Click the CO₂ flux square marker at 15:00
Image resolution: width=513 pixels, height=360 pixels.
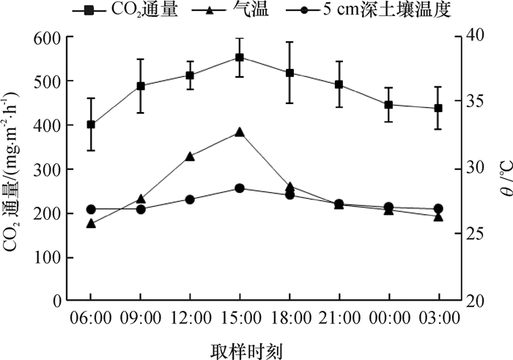(x=240, y=57)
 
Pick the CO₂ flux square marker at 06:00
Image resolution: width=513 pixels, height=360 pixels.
(x=91, y=125)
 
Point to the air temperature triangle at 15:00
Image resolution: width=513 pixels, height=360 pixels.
(x=240, y=132)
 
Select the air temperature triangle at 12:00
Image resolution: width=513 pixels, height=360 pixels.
(x=190, y=156)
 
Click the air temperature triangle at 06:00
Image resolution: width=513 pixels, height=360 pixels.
(x=91, y=223)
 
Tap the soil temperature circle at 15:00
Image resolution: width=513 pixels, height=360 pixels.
(x=240, y=188)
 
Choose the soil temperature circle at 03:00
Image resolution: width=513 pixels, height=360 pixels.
(x=438, y=209)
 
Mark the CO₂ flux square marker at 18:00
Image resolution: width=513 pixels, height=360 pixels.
(x=289, y=73)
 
